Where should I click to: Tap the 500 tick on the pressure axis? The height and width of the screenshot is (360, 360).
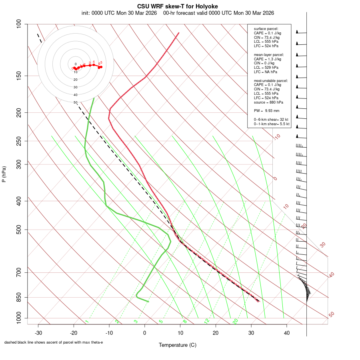(19, 230)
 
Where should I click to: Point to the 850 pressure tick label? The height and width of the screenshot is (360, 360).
(19, 297)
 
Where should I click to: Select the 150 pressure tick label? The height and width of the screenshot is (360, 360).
(19, 76)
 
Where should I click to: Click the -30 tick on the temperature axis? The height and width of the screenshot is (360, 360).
(38, 333)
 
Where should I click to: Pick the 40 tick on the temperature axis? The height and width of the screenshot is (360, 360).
(287, 333)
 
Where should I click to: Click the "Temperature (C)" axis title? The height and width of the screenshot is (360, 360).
(178, 345)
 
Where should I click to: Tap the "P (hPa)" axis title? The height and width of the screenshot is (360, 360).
(4, 174)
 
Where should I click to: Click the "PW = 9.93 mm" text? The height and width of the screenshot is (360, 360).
(267, 110)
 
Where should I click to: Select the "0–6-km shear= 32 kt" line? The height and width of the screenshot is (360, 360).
(272, 120)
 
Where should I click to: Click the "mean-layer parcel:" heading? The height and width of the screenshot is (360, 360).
(269, 54)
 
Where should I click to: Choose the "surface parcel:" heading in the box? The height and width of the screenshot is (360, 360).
(266, 29)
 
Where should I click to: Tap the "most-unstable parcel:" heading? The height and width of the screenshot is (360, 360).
(271, 81)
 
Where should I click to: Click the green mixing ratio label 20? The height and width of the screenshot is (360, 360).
(235, 321)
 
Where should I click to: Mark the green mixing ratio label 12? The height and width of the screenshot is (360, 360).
(207, 321)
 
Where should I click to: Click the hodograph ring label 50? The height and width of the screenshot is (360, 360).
(75, 103)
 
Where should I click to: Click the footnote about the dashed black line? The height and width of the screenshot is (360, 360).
(54, 342)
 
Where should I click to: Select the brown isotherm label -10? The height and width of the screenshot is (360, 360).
(276, 137)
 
